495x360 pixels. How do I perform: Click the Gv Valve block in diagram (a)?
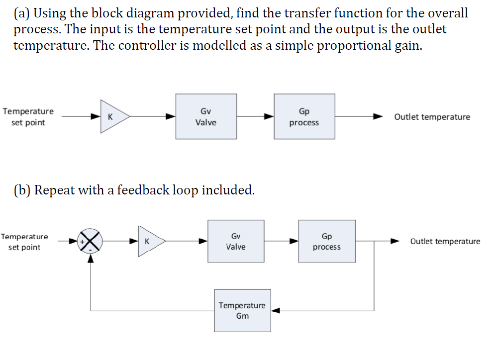(205, 117)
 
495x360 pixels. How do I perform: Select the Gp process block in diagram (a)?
(304, 117)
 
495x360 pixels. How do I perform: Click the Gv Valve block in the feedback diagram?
(236, 241)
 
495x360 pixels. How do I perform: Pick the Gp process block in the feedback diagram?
(327, 241)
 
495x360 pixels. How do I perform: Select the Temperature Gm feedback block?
(242, 310)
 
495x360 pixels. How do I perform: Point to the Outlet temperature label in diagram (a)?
(432, 117)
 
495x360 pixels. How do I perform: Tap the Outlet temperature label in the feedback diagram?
(445, 242)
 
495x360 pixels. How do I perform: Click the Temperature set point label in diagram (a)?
(28, 117)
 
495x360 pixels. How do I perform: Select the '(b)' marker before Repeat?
(22, 190)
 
